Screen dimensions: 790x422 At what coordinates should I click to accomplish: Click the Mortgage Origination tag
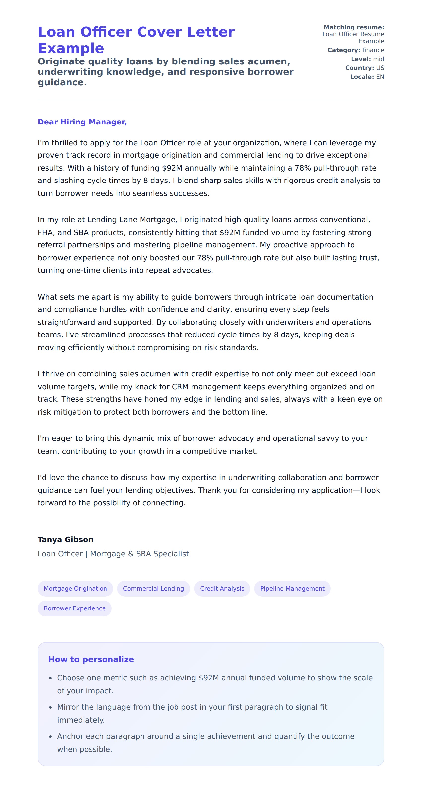point(75,588)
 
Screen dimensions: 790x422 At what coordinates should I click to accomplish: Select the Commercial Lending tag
point(153,588)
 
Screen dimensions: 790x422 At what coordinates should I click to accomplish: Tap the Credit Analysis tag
point(222,588)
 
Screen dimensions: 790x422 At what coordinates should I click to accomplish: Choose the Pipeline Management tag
point(292,588)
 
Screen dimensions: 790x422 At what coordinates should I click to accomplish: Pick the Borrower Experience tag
point(74,608)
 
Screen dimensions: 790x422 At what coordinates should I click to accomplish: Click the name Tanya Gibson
point(65,540)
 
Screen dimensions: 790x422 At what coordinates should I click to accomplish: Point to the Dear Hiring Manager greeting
point(82,122)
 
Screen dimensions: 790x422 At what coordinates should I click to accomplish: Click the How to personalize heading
point(91,659)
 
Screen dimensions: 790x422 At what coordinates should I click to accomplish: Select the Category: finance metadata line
point(356,50)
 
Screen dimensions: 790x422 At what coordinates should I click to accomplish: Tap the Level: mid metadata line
point(367,59)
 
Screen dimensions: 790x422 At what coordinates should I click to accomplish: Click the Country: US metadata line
point(365,68)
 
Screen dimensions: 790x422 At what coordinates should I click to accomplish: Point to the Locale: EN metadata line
point(367,77)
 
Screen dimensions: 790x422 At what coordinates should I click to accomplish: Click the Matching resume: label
point(354,27)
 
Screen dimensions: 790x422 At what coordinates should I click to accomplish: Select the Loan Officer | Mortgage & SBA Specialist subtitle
point(113,554)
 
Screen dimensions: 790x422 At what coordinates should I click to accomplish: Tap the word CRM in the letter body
point(180,387)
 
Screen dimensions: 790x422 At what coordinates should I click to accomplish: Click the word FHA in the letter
point(45,232)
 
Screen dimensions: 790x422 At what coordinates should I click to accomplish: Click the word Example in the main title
point(71,48)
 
